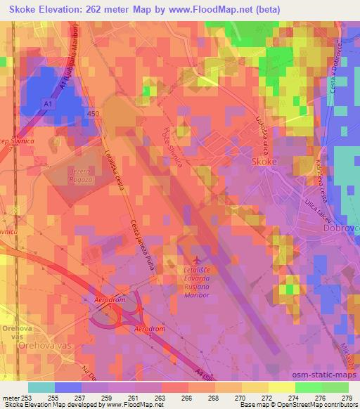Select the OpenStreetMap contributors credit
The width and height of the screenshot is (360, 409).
point(319,405)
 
